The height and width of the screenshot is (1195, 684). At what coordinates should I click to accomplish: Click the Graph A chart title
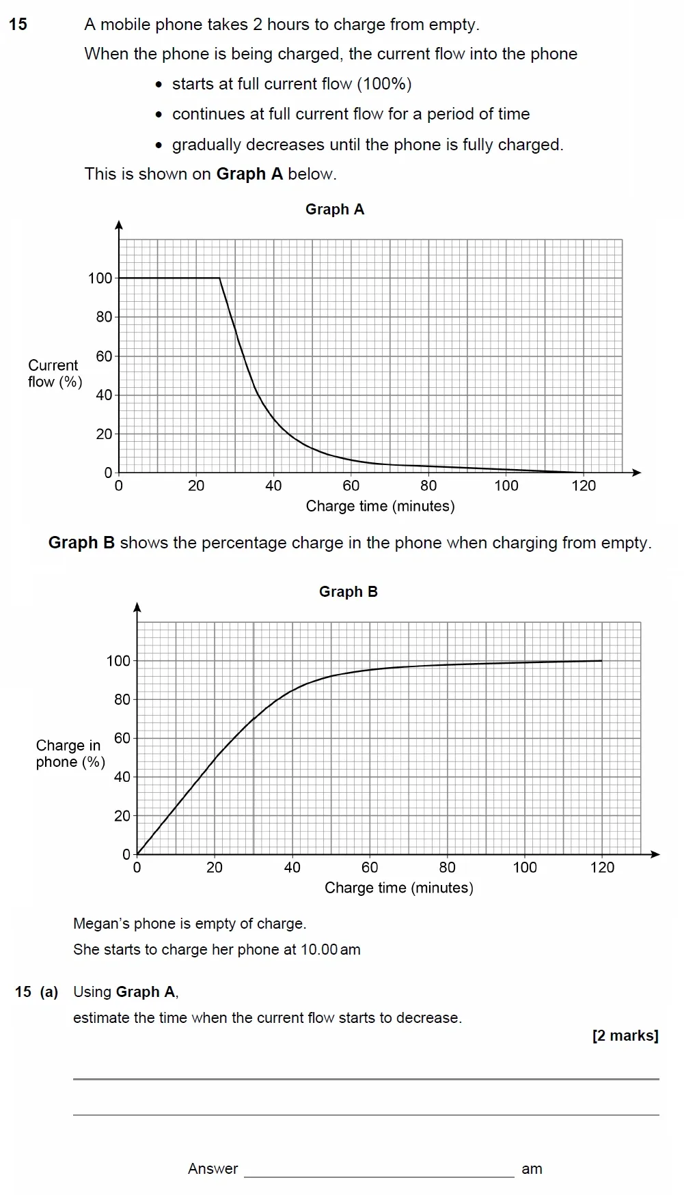(x=334, y=210)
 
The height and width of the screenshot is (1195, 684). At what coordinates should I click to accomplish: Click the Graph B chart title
(x=348, y=592)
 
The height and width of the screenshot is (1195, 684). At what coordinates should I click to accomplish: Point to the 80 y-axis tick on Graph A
(x=104, y=317)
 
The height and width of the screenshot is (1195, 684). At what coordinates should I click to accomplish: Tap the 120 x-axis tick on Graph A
(x=584, y=486)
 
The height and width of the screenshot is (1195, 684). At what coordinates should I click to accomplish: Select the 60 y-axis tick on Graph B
(x=122, y=738)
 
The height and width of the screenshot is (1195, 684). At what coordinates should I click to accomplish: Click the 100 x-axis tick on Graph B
(x=525, y=868)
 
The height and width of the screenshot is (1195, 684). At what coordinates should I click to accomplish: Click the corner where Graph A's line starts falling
(x=219, y=278)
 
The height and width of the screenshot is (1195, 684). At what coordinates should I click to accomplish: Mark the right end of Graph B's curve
(x=602, y=660)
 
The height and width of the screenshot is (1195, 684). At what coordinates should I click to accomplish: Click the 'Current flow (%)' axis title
(x=55, y=374)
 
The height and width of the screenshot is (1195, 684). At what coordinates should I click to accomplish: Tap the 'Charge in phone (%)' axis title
(x=70, y=754)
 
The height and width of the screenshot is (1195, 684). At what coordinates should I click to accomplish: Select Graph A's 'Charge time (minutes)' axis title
(x=380, y=506)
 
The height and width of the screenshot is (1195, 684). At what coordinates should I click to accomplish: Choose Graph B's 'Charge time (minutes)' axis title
(x=398, y=888)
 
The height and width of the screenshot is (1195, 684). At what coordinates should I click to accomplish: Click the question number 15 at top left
(x=18, y=25)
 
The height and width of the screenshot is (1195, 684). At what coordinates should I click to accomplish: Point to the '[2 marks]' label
(x=625, y=1036)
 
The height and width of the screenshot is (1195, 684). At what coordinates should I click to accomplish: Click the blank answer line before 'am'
(x=379, y=1169)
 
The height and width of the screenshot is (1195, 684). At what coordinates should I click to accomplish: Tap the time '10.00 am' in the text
(x=330, y=950)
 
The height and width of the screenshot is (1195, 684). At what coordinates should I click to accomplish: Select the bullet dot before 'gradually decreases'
(x=159, y=145)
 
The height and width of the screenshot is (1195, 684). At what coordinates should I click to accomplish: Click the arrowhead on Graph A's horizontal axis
(x=637, y=473)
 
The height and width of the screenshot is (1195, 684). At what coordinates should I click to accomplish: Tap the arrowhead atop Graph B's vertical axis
(x=137, y=607)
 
